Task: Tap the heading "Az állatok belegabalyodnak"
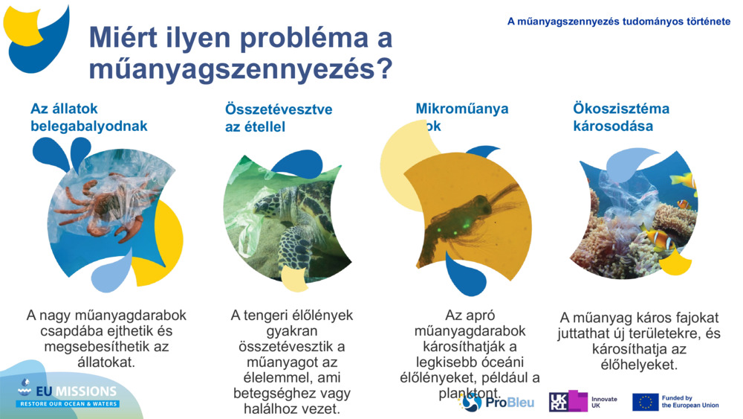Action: point(89,118)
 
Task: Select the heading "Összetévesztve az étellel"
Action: point(279,118)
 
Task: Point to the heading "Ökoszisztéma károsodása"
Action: point(620,118)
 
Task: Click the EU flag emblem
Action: point(645,402)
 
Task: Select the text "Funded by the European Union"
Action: point(690,402)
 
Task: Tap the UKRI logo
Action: point(568,401)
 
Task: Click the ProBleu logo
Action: point(498,402)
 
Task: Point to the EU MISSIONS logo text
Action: point(68,392)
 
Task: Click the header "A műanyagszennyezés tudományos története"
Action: point(618,22)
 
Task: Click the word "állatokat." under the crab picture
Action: point(106,362)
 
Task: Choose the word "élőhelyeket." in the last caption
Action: point(638,365)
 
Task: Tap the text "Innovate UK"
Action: point(603,402)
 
